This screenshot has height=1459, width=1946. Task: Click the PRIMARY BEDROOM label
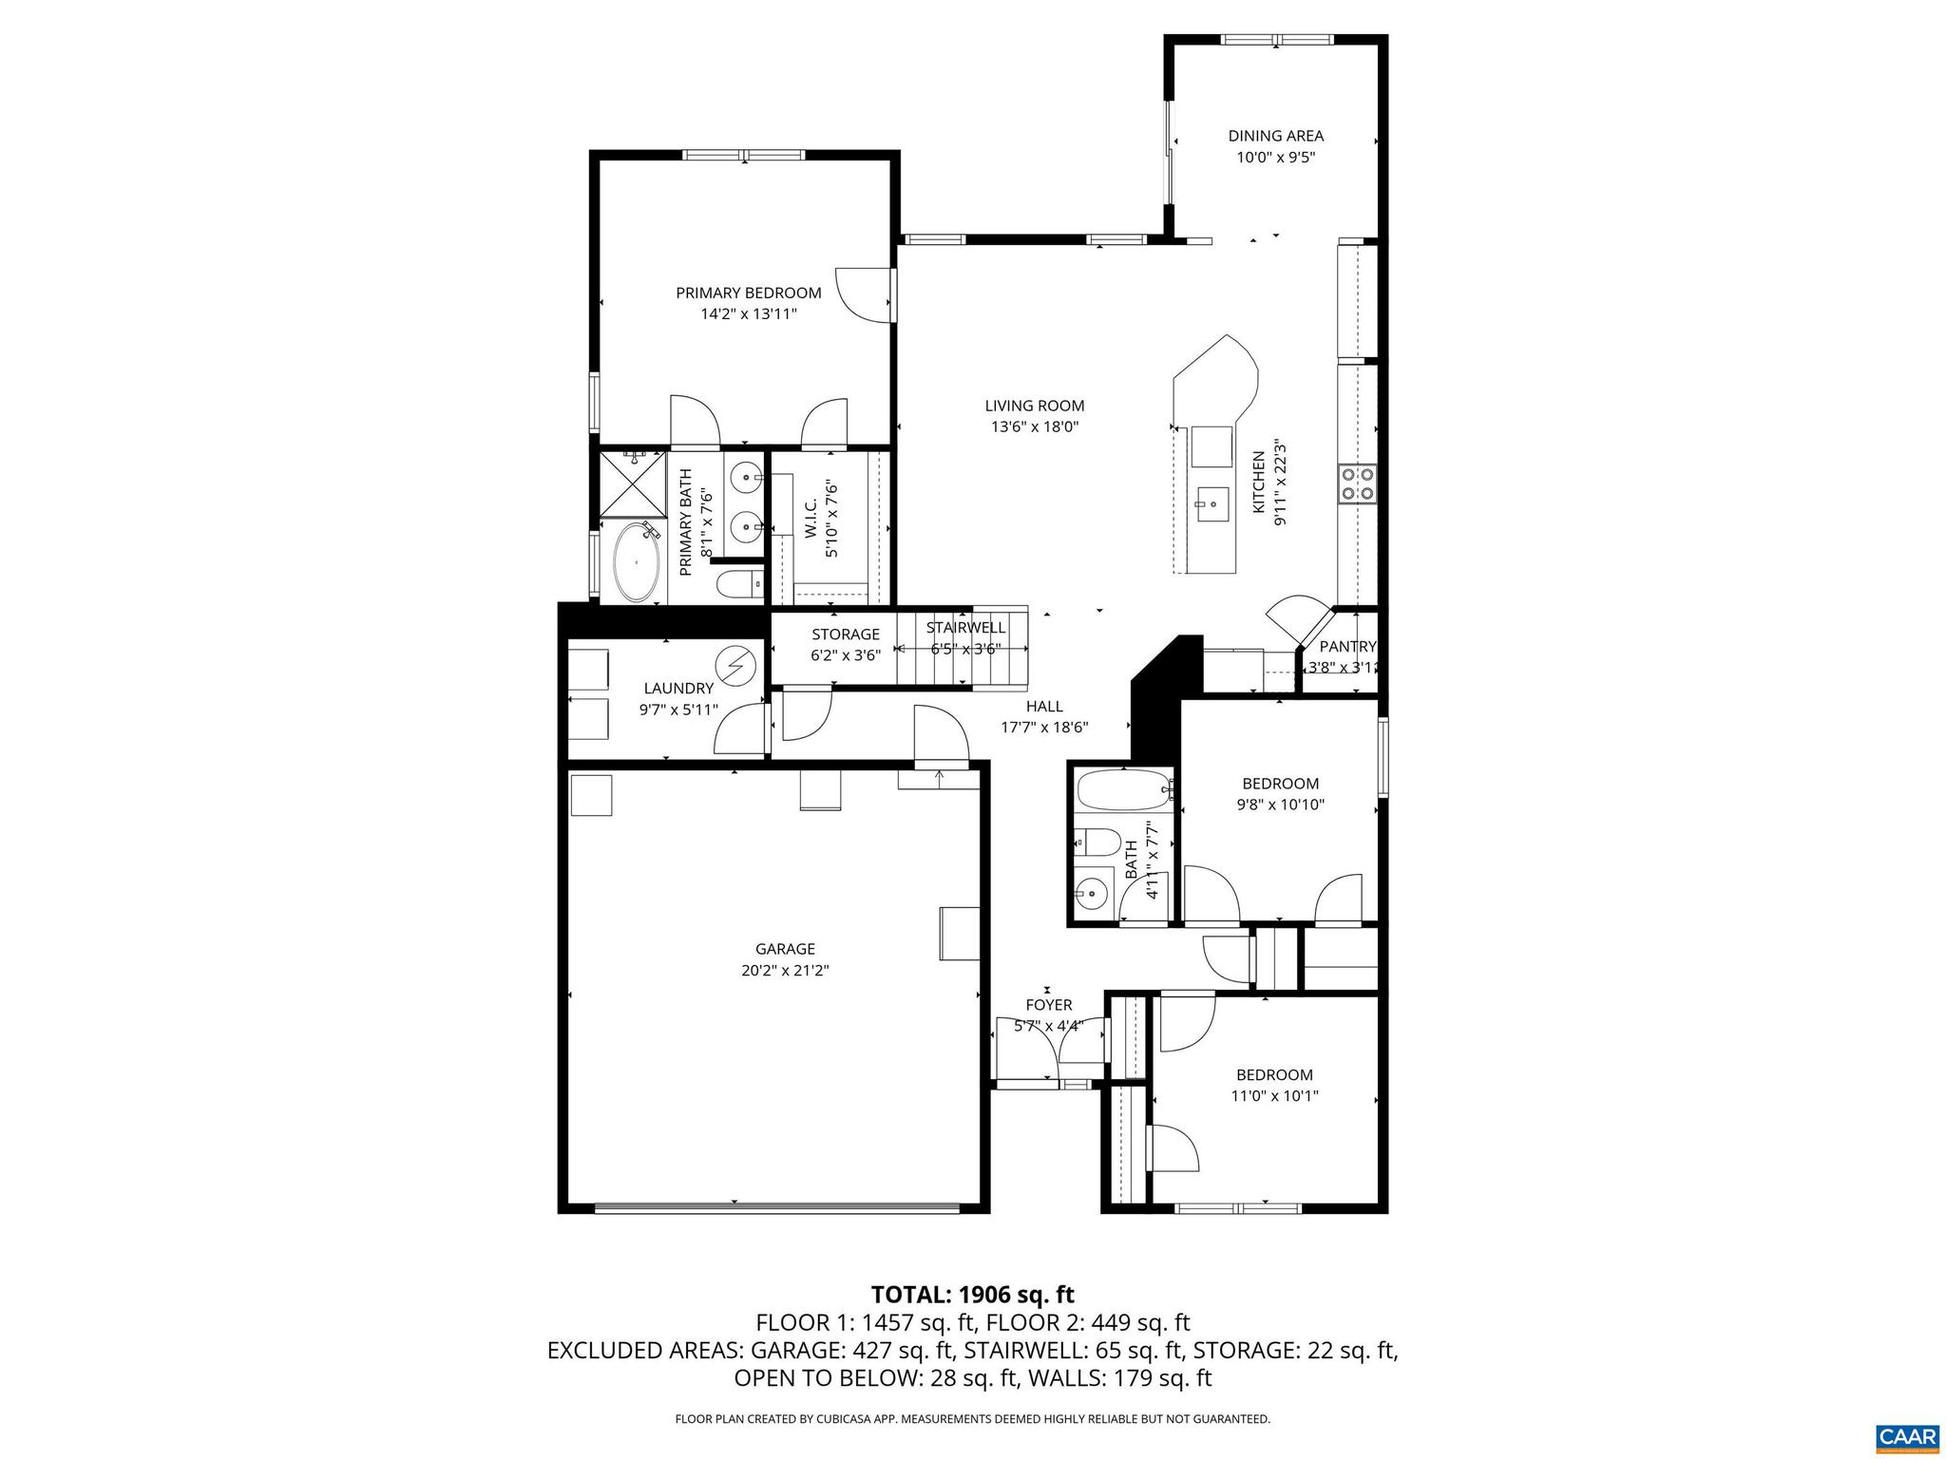748,293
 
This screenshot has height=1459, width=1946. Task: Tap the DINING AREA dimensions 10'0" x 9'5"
1275,159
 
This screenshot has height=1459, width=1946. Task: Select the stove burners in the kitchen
1357,483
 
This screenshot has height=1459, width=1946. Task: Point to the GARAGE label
785,949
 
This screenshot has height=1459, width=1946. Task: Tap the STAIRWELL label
965,628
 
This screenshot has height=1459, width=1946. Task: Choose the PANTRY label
1347,647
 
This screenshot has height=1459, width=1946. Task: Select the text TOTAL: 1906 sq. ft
972,1294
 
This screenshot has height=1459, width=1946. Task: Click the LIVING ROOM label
1035,406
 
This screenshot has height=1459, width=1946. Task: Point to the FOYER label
1049,1005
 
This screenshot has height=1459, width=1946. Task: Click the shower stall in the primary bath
632,484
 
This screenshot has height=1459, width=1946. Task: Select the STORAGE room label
846,635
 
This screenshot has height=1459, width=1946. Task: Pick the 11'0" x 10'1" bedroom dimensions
1274,1095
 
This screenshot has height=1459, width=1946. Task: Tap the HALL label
1044,707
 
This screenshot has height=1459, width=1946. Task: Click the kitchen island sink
1212,500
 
